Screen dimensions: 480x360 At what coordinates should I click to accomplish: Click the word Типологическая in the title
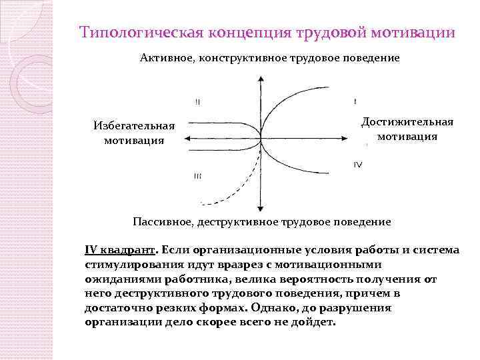point(135,33)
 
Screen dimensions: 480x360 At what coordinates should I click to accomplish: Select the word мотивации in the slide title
point(415,33)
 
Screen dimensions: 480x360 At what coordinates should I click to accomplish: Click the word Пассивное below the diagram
point(164,221)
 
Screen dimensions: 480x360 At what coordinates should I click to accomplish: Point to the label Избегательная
point(134,125)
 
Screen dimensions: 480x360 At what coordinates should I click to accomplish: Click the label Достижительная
point(407,121)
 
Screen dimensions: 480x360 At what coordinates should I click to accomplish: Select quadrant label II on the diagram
point(198,102)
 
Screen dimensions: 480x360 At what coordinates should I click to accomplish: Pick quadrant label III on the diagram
point(198,175)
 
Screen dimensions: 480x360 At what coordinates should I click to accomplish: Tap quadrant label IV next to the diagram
point(358,165)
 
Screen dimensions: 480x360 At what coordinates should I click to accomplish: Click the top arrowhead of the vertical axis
point(260,79)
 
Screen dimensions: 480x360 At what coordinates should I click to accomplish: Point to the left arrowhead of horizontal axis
point(189,139)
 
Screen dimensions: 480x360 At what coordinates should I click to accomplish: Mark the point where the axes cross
point(260,139)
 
